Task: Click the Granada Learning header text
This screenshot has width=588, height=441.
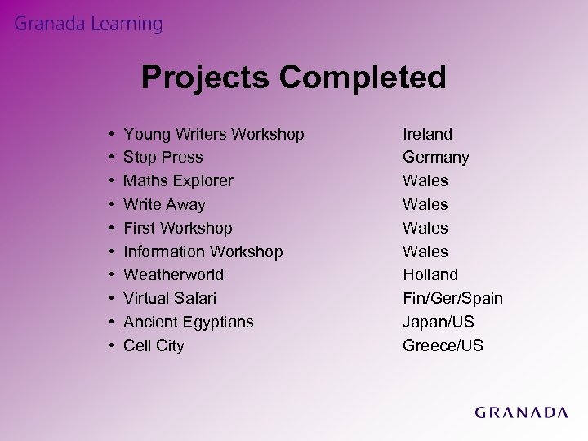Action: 88,24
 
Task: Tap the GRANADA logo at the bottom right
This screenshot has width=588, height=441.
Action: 521,412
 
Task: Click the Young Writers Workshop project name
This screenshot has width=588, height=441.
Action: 213,134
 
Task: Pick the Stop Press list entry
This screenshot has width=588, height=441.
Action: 163,157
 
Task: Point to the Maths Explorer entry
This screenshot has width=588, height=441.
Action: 178,180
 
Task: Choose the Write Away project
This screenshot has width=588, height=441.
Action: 164,204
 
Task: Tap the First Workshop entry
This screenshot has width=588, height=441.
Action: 177,228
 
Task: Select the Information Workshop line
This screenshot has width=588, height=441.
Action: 203,252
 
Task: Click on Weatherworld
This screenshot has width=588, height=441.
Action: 173,274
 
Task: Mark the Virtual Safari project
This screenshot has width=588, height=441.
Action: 170,298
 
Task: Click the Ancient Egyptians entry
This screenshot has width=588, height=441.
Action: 188,322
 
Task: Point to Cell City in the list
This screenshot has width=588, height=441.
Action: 154,345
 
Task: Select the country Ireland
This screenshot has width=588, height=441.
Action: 427,134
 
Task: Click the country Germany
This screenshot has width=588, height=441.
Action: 435,157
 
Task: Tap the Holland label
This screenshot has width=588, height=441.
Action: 430,274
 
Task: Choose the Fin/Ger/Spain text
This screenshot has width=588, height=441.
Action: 452,298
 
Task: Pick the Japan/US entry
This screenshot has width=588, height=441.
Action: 439,322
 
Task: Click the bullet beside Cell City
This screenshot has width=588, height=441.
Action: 110,345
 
